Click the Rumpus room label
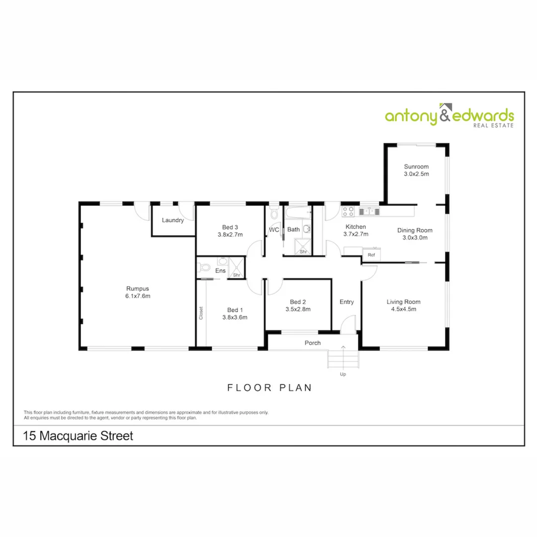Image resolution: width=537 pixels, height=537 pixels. [x=138, y=288]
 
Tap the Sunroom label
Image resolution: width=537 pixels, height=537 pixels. [x=416, y=167]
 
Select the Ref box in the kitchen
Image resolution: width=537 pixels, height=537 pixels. [x=371, y=255]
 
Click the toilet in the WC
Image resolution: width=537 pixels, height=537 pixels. [x=274, y=215]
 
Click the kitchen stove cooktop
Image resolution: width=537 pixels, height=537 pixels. [x=348, y=211]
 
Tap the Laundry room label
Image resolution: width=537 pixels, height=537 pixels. [x=173, y=220]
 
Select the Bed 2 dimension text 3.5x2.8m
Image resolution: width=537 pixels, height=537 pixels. [x=298, y=309]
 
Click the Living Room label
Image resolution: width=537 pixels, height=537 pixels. [x=404, y=302]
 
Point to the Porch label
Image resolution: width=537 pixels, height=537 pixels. [x=313, y=343]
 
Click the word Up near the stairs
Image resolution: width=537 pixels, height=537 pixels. [x=343, y=374]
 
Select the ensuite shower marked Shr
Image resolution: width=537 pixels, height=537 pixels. [x=237, y=268]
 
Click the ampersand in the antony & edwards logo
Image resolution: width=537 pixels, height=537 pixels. [x=445, y=115]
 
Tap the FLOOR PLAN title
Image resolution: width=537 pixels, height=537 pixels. [x=270, y=388]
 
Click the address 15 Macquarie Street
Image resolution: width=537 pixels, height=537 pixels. [x=79, y=437]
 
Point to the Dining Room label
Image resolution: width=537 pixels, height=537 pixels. [x=415, y=230]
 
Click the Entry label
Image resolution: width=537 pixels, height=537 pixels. [x=347, y=302]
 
